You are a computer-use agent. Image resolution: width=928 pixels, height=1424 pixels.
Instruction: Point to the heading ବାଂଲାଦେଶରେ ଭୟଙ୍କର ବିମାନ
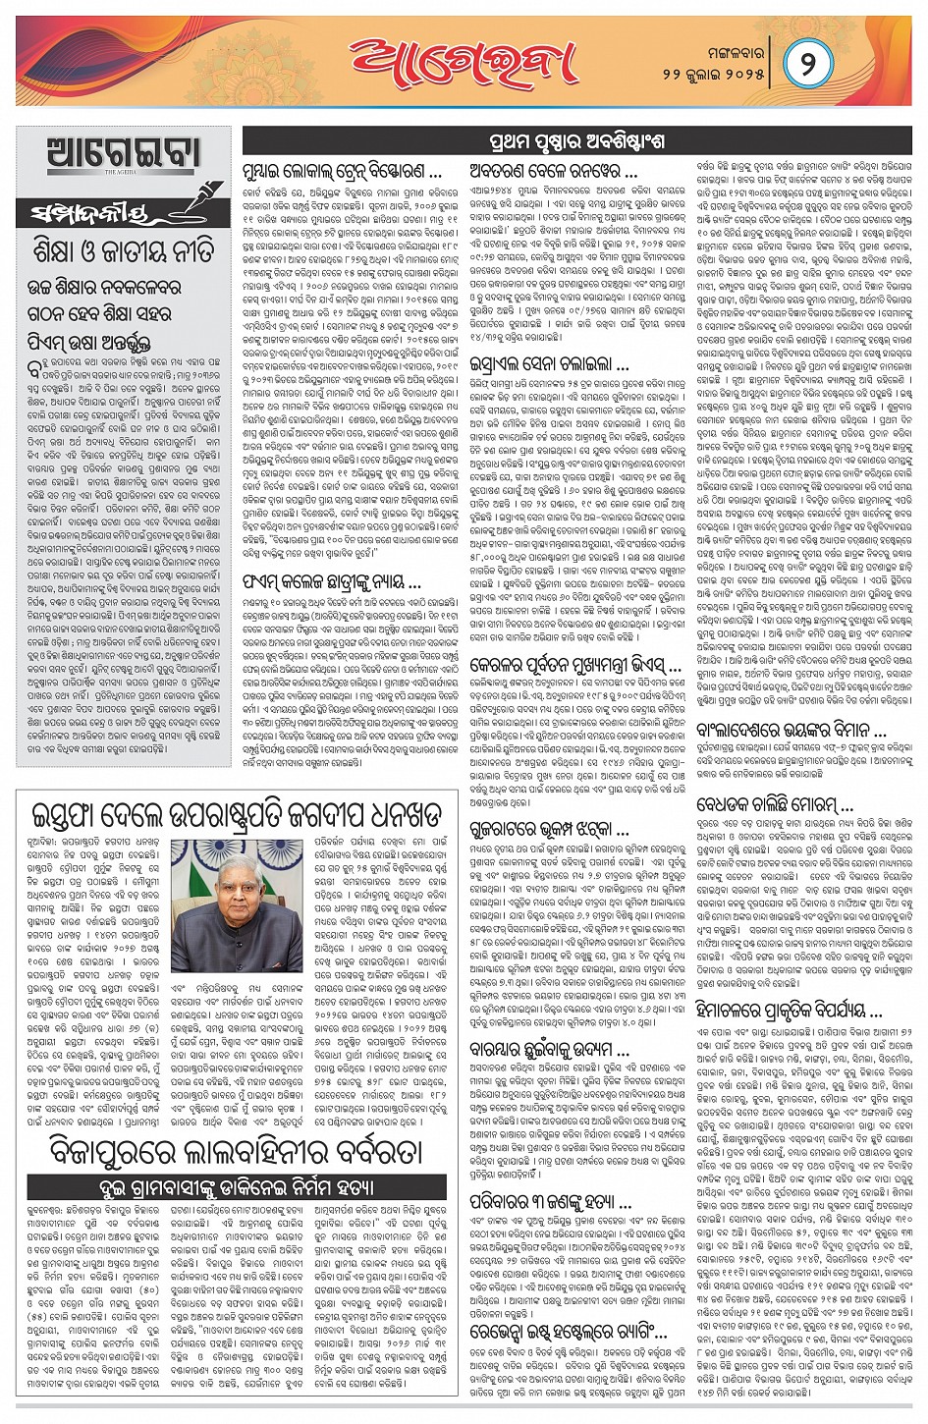pos(792,730)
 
